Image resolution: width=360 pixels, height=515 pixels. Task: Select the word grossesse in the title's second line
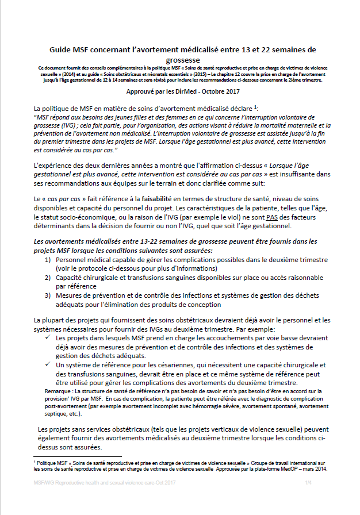pos(179,59)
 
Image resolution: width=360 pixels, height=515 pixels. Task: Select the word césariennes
pos(160,366)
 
